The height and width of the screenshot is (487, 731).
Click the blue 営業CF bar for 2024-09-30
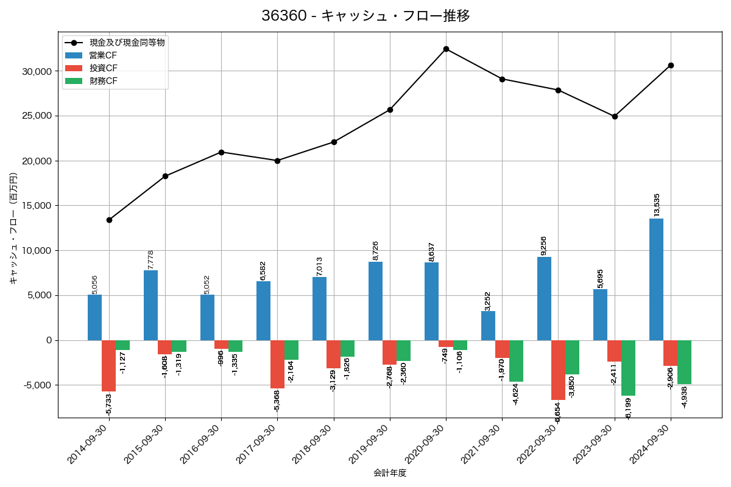(x=656, y=279)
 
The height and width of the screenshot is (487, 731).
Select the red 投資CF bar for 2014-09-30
(x=108, y=366)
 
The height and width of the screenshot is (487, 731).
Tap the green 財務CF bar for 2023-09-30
(x=628, y=368)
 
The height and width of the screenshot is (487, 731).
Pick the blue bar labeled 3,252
(x=488, y=326)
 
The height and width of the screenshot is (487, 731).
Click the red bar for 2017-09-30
(x=277, y=364)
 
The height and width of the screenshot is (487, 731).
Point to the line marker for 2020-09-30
(x=446, y=49)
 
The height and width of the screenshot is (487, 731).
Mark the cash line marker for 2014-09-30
(x=109, y=220)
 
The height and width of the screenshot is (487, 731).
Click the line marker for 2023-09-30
(x=615, y=116)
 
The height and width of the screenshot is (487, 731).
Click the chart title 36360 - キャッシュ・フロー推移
(x=365, y=16)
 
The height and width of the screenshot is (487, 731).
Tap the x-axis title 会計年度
(x=390, y=473)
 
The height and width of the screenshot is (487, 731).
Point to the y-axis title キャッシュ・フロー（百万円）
(x=13, y=228)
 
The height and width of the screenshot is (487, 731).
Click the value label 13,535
(x=657, y=205)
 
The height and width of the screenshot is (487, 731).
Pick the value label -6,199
(x=628, y=408)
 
